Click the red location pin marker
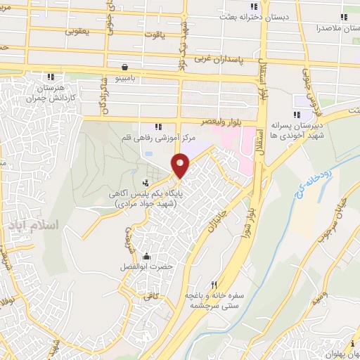[x=181, y=166]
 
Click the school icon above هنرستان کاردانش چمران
[x=50, y=77]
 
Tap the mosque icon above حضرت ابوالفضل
[x=146, y=256]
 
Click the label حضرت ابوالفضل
[x=146, y=268]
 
